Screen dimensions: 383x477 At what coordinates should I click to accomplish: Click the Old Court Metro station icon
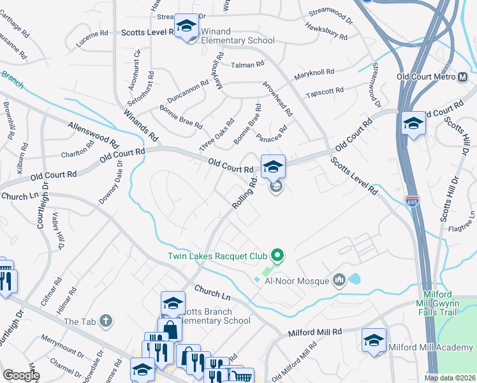point(464,77)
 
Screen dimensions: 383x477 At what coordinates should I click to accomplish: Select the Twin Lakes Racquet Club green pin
point(277,256)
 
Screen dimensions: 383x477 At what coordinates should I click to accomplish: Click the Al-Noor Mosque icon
point(338,280)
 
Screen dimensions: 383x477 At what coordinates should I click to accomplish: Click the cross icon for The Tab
point(106,320)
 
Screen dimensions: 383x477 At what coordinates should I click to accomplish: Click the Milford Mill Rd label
point(315,333)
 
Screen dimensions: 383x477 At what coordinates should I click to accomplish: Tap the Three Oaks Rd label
point(217,135)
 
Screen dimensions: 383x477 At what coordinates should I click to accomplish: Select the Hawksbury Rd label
point(326,32)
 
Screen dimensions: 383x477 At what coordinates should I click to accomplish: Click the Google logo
point(21,375)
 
